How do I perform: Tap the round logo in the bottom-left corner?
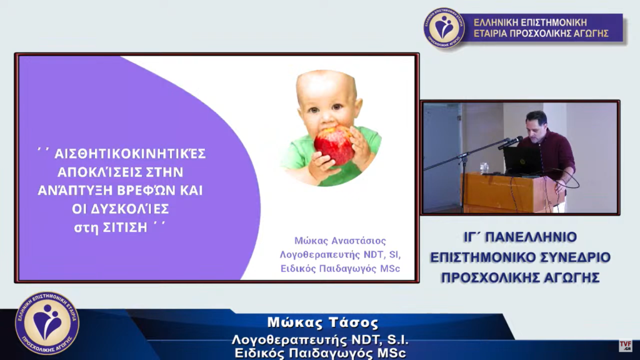click(47, 323)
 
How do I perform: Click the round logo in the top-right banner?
click(444, 27)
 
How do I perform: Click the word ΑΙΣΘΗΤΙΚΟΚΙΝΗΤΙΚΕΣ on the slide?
click(130, 154)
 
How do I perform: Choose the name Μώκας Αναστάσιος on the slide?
click(340, 241)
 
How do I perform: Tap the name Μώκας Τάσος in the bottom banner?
click(323, 323)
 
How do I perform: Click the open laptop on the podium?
click(523, 161)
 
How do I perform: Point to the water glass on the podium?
click(484, 168)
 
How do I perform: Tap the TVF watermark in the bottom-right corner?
click(625, 345)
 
